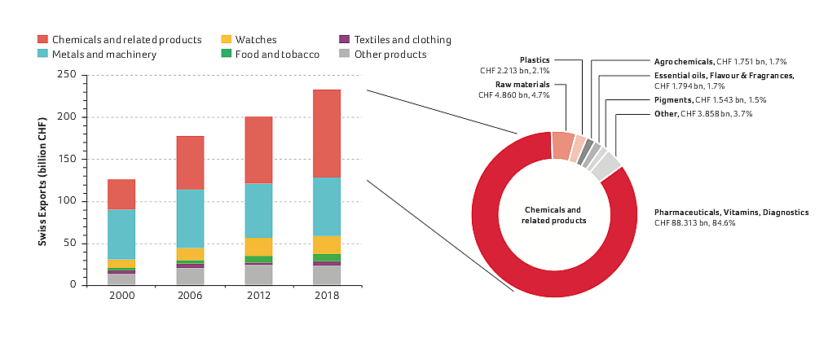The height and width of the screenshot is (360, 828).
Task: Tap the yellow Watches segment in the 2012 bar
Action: (x=258, y=247)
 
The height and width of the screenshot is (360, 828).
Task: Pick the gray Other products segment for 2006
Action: (x=190, y=276)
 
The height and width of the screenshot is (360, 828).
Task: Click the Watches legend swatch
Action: (x=227, y=39)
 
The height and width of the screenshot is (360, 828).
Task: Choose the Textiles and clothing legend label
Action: (x=403, y=39)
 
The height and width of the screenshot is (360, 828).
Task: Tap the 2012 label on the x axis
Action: (x=258, y=296)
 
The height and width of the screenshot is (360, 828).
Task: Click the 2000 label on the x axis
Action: (x=121, y=296)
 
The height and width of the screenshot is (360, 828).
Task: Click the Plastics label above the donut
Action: (x=535, y=59)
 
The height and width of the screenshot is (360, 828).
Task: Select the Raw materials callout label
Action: (x=528, y=84)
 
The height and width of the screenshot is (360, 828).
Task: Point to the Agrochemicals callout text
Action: (x=683, y=61)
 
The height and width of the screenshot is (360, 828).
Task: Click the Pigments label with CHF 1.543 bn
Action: (x=672, y=99)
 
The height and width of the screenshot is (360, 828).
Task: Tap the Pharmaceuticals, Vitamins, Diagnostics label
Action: (x=731, y=212)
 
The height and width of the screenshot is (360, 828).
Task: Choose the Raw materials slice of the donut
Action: (x=563, y=144)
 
